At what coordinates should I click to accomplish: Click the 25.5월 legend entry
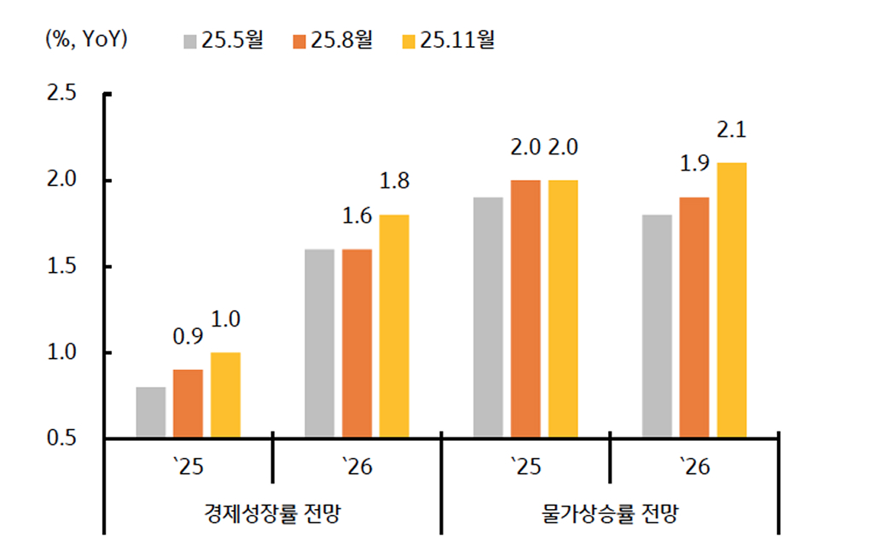tap(223, 41)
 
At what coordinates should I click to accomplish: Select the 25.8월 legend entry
tap(333, 41)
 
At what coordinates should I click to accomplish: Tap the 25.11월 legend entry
tap(448, 41)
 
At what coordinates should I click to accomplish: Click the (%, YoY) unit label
tap(86, 40)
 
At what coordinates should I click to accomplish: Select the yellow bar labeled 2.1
tap(732, 300)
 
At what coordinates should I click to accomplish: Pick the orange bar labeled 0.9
tap(188, 403)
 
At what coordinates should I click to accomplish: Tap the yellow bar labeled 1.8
tap(394, 327)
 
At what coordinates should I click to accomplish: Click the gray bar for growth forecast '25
tap(151, 413)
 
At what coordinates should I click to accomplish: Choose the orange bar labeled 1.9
tap(694, 317)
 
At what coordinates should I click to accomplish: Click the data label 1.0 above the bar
tap(225, 320)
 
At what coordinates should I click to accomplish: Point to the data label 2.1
tap(732, 130)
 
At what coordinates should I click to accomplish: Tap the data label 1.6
tap(357, 217)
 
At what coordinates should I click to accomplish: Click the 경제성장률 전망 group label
tap(272, 514)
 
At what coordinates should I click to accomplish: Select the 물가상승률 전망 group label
tap(610, 514)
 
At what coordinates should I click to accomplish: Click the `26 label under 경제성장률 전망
tap(357, 467)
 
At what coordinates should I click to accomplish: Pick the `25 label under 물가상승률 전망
tap(525, 467)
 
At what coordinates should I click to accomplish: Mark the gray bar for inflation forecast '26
tap(657, 327)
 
